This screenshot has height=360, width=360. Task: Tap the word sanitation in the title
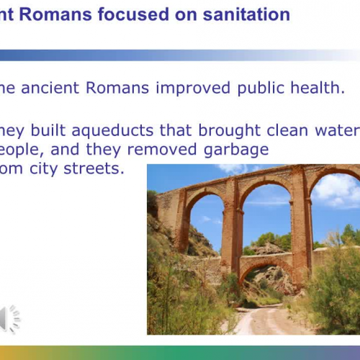click(243, 14)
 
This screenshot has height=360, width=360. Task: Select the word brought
click(202, 131)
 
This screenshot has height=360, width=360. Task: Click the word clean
click(264, 130)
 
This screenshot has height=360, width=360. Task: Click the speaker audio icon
click(10, 319)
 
